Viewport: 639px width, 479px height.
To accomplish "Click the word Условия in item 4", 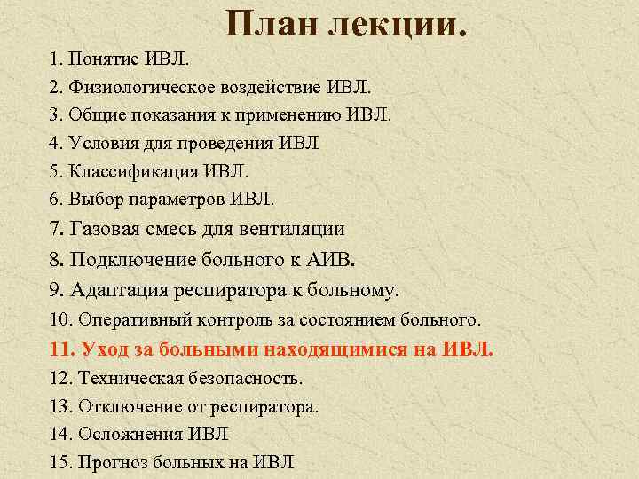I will [103, 144].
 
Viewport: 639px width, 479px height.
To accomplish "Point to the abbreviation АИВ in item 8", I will [332, 260].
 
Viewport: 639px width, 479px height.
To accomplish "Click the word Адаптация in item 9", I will [118, 289].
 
